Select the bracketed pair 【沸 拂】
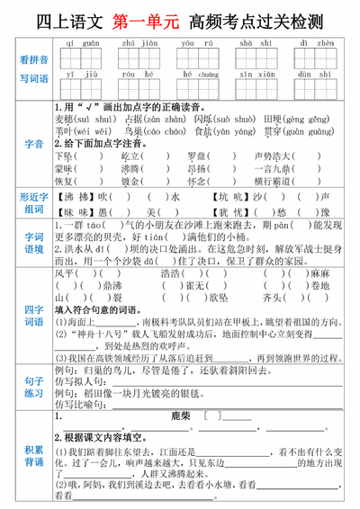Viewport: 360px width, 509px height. [x=75, y=195]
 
